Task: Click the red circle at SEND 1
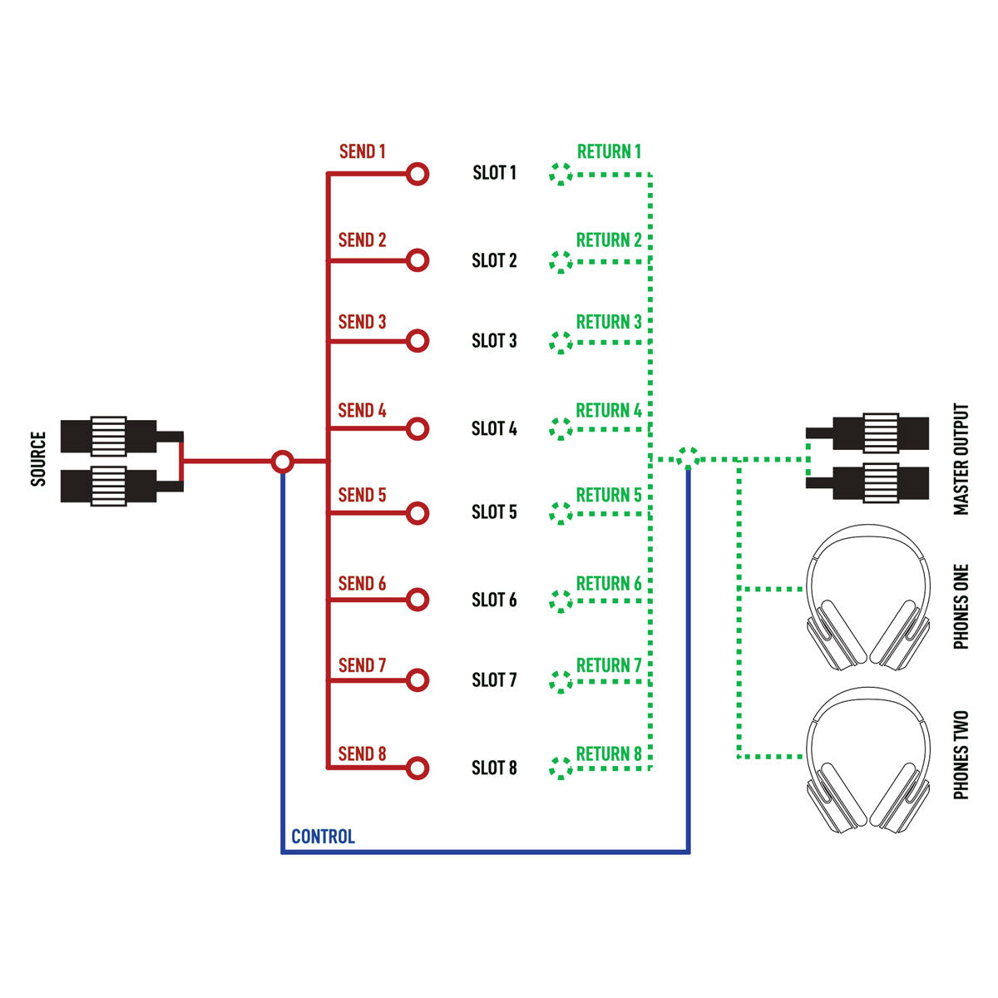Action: pos(417,174)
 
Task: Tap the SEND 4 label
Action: pos(362,410)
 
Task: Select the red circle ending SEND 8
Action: pos(417,768)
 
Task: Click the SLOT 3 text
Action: pos(494,341)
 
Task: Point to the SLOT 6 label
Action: pos(494,600)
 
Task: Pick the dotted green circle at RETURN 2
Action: pos(561,261)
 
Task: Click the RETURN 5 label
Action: pos(609,495)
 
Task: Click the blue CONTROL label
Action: pos(323,837)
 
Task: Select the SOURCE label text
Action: pos(38,459)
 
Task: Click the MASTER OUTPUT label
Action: pos(961,459)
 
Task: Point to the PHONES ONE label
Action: pos(961,606)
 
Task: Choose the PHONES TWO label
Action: pos(961,755)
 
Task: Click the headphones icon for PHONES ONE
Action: pos(868,596)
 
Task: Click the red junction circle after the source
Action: pos(283,461)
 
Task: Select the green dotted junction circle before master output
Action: pos(687,457)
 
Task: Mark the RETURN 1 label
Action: pos(609,151)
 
